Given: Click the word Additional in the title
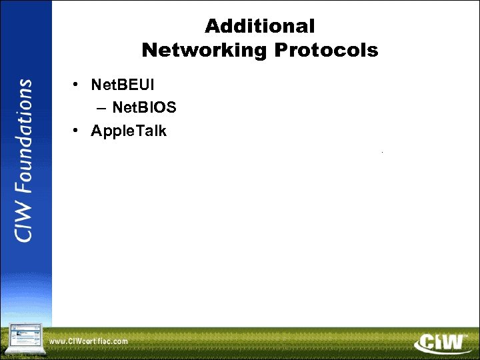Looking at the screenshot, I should point(259,27).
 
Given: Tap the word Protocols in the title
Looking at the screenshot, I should point(329,50).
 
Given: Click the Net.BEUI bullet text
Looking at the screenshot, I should point(123,85).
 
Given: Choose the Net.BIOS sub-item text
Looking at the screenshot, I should point(144,107).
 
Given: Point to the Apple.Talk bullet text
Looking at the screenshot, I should point(129,131).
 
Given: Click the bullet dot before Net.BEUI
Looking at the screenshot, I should point(77,85).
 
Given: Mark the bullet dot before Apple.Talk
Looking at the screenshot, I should point(77,131).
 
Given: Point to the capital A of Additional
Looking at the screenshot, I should point(212,27).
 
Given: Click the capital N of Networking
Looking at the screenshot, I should point(149,50).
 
